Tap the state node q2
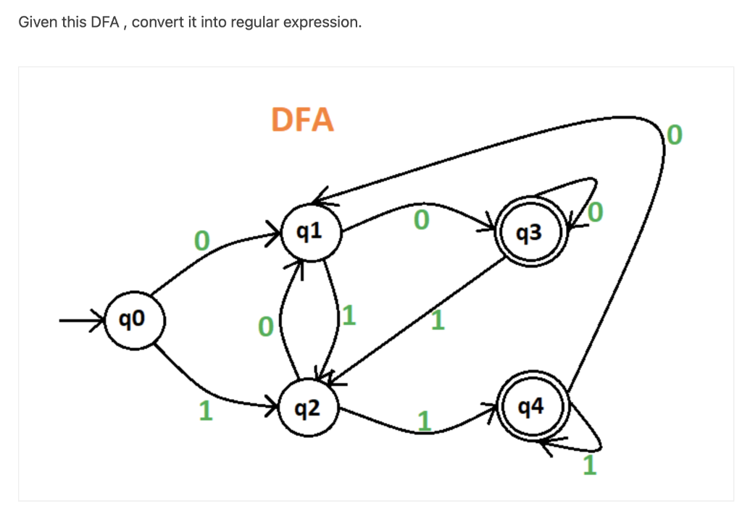click(309, 410)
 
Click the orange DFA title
click(302, 119)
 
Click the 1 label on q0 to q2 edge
click(206, 411)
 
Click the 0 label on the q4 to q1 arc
click(674, 135)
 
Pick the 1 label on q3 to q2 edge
click(437, 319)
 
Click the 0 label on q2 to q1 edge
click(266, 327)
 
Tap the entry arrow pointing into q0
click(81, 318)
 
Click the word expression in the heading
click(320, 22)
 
